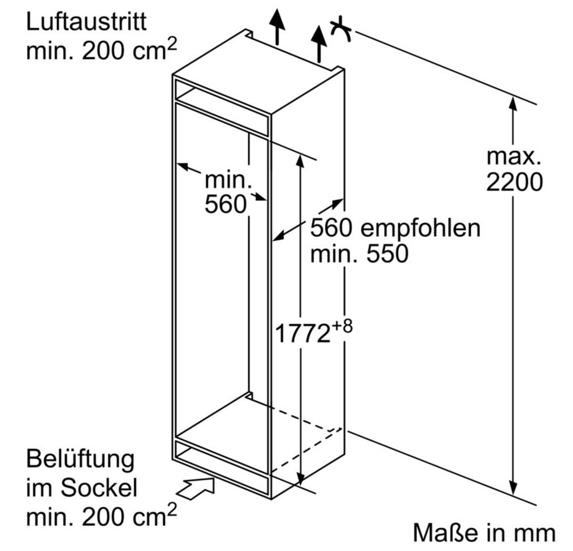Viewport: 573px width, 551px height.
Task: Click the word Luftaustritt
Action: coord(86,21)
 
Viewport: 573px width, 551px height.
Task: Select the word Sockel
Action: coord(99,487)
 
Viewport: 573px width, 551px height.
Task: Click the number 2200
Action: coord(514,182)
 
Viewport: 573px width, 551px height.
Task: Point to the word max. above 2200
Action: coord(514,156)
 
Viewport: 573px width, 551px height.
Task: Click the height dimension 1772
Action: coord(303,334)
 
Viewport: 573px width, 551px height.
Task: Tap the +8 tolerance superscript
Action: coord(342,326)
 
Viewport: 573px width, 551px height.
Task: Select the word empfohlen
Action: coord(420,228)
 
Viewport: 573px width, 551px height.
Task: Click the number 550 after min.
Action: coord(387,253)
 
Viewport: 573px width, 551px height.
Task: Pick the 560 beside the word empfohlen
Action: coord(331,228)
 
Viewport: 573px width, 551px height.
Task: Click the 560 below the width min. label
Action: coord(226,204)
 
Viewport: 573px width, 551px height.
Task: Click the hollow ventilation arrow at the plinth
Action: coord(195,488)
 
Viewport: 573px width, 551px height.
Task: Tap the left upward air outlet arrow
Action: coord(278,27)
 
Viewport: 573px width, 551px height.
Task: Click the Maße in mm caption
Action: coord(484,533)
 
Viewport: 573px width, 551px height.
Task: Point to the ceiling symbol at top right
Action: coord(340,29)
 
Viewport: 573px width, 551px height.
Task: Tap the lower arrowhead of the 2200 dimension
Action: coord(513,487)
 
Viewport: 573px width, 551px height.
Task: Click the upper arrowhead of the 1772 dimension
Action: coord(300,160)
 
